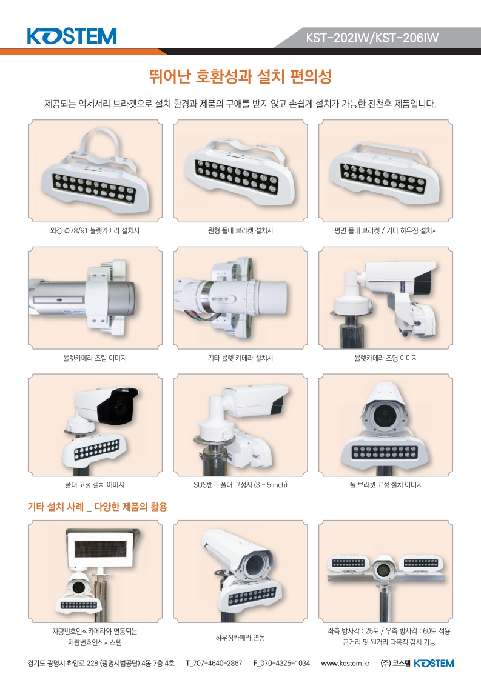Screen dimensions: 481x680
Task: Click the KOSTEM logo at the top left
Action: pos(72,36)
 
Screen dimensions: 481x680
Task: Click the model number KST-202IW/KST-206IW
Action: pos(372,38)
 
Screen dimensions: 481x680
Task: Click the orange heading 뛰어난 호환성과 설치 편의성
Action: pos(240,76)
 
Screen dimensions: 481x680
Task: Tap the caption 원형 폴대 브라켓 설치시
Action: pos(240,231)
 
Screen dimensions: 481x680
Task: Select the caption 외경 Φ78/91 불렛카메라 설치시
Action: pos(95,231)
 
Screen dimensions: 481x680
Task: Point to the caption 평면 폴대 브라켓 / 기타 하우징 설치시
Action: pos(386,231)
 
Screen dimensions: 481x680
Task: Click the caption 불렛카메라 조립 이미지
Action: pos(95,358)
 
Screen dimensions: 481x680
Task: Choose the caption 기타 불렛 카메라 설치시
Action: pos(240,358)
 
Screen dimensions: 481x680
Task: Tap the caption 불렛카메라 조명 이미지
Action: pos(386,358)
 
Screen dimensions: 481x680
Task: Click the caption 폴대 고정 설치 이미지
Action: pos(95,485)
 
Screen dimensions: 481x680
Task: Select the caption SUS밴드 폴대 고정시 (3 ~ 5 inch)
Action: pos(240,485)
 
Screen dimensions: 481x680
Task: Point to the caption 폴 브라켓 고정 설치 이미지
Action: pos(386,485)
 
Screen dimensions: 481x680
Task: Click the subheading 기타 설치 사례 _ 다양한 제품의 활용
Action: pos(98,507)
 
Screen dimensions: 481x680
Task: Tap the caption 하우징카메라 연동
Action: pos(240,638)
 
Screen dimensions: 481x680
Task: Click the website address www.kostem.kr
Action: pos(345,664)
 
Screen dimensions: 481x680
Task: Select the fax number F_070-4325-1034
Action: pos(281,664)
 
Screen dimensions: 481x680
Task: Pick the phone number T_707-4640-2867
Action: pos(214,664)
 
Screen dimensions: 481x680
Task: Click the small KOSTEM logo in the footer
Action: pos(434,664)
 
